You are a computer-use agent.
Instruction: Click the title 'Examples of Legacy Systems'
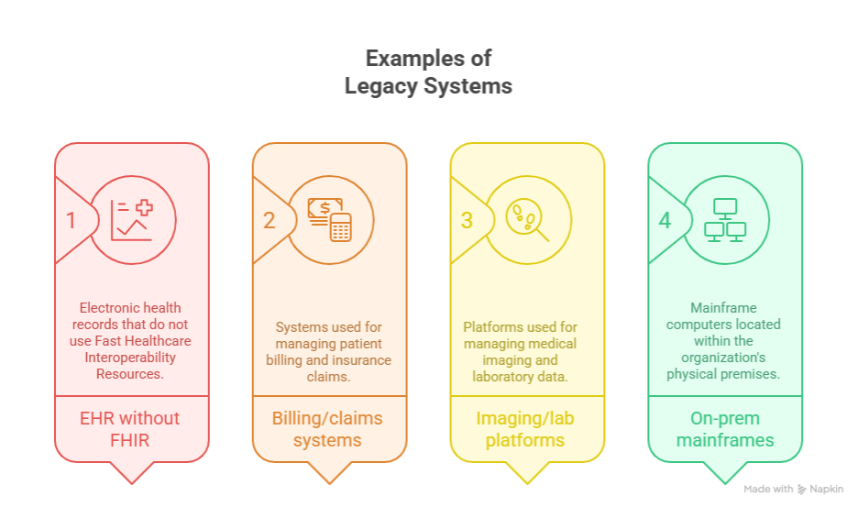[428, 72]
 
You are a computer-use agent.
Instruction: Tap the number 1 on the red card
[71, 221]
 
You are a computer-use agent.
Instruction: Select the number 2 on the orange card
[269, 221]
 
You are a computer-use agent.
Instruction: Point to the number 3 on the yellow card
[467, 221]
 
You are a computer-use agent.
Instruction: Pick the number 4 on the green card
[665, 221]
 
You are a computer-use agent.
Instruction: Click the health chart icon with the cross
[132, 220]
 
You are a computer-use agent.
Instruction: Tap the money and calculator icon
[330, 220]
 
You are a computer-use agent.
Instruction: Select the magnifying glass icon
[528, 220]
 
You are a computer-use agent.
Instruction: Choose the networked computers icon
[725, 220]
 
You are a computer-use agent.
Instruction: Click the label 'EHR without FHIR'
[132, 429]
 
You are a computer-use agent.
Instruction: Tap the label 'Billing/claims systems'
[329, 429]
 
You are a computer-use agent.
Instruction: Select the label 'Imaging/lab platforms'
[527, 429]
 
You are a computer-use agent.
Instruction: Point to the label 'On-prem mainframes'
[725, 429]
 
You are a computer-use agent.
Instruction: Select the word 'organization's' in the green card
[724, 358]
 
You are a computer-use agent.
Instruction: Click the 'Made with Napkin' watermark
[793, 490]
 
